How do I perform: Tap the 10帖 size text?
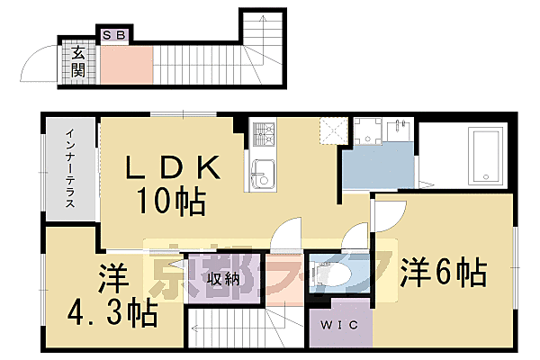pos(171,199)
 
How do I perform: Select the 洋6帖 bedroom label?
pos(444,269)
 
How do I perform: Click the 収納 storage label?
pos(222,279)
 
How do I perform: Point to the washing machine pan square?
pos(369,130)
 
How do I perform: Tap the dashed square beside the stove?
pos(330,130)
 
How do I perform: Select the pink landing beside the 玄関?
pos(126,64)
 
